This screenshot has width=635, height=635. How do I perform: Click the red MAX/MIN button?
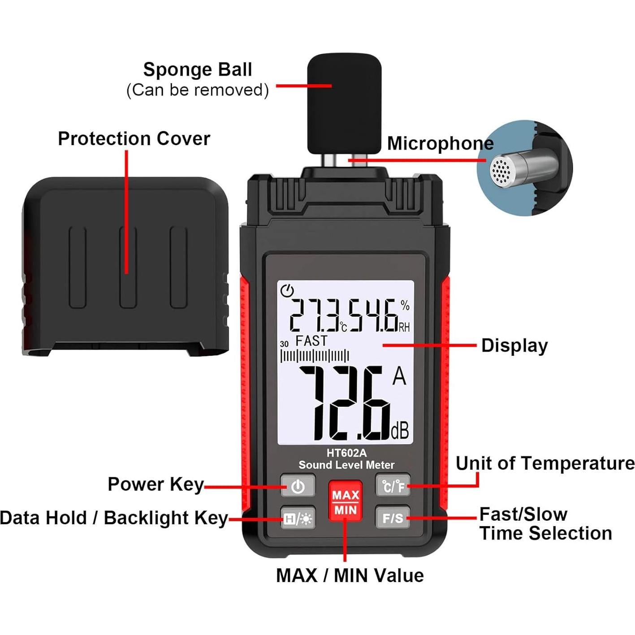coord(345,502)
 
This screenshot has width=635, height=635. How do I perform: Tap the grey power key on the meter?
coord(298,486)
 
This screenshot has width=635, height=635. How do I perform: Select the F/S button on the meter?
coord(393,518)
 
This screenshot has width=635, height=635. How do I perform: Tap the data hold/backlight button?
coord(298,518)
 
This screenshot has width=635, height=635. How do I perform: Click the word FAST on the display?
coord(311,341)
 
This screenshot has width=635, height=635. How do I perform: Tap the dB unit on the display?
coord(400,431)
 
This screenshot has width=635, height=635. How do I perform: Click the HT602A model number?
coord(346,453)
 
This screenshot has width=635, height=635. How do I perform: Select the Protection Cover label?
coord(134,139)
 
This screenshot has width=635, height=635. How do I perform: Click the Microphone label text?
coord(440,143)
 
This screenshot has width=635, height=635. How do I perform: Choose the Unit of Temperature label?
coord(545,463)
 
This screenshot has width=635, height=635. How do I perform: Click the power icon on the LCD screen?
coord(287,291)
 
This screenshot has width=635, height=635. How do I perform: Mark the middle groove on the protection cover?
coord(128,268)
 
